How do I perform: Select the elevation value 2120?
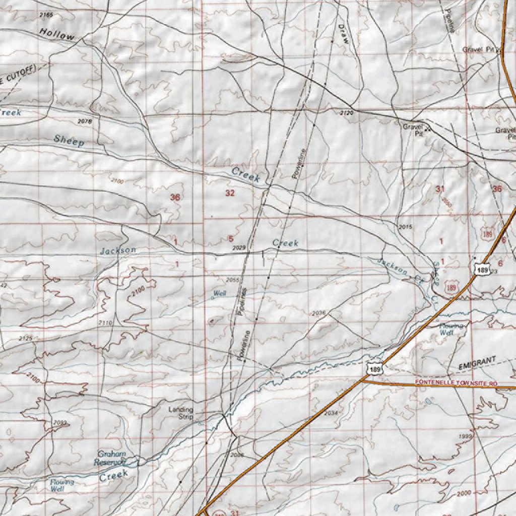(x=347, y=113)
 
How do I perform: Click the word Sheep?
(x=69, y=141)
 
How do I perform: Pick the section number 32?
(x=230, y=193)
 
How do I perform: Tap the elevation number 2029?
(x=239, y=248)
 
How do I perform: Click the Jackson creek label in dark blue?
(x=117, y=250)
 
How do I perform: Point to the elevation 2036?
(x=318, y=313)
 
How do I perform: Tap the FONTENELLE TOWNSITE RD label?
(x=457, y=383)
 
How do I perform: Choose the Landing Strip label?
(x=181, y=413)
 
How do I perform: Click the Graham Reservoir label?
(x=112, y=458)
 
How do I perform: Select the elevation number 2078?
(x=85, y=121)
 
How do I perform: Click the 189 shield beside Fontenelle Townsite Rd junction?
(x=374, y=369)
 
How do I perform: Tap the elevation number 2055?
(x=232, y=280)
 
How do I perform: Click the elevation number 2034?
(x=331, y=413)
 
